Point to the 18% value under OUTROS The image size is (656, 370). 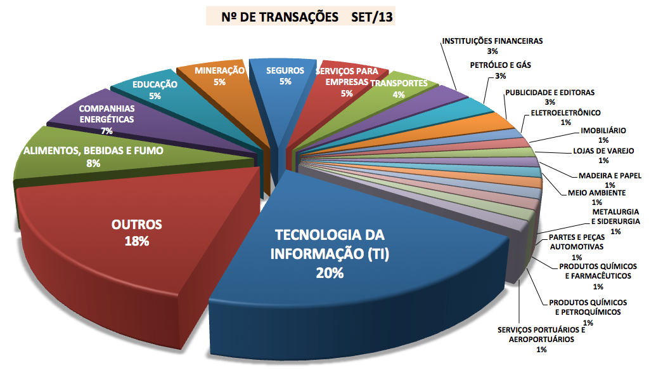coord(138,241)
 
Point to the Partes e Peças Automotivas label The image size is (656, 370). coord(576,242)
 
